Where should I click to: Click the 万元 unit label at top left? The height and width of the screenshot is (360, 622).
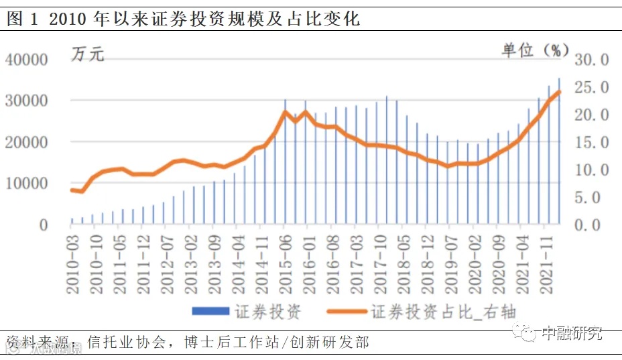(88, 54)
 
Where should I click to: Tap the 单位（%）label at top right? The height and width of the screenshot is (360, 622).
(536, 50)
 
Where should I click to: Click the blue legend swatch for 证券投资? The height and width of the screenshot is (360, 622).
(211, 311)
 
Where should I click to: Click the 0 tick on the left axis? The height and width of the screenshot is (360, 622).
(44, 225)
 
